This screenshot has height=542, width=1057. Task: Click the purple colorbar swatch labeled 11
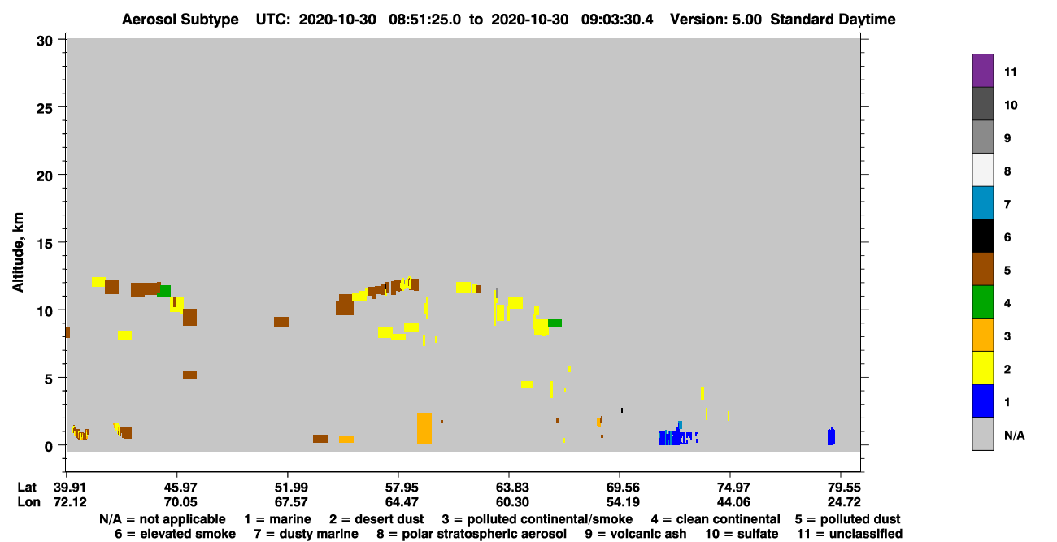[x=982, y=71]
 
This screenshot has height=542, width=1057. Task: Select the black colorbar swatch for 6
[x=982, y=236]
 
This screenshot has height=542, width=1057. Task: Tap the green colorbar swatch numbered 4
[x=982, y=302]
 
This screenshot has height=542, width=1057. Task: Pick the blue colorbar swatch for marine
[x=982, y=401]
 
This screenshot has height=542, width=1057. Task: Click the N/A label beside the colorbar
[x=1014, y=435]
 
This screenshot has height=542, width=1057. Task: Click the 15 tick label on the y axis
[x=45, y=244]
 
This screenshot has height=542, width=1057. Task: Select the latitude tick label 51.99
[x=291, y=488]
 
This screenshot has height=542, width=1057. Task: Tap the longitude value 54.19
[x=623, y=502]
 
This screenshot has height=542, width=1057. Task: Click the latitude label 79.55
[x=844, y=488]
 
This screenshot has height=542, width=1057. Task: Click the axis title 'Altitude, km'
[x=17, y=253]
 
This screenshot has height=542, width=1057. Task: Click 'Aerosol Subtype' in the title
[x=181, y=20]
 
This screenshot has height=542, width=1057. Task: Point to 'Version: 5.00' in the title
[x=716, y=20]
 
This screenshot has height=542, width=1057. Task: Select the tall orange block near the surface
[x=424, y=428]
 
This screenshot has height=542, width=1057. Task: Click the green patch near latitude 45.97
[x=163, y=291]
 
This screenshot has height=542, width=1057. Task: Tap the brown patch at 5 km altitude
[x=189, y=375]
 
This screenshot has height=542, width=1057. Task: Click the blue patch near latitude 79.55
[x=831, y=437]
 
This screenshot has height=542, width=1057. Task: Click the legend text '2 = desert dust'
[x=376, y=519]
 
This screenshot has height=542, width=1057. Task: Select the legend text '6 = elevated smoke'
[x=175, y=534]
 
